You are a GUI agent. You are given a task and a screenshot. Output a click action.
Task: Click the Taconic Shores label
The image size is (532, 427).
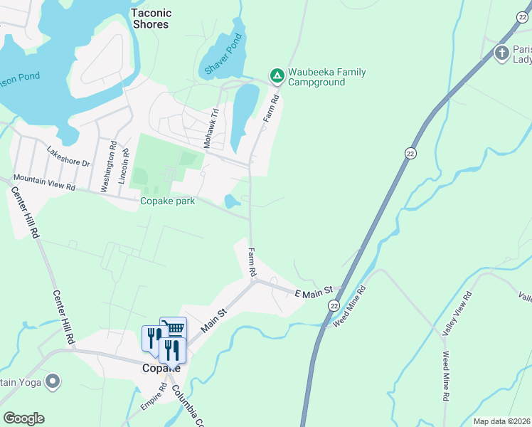tap(151, 19)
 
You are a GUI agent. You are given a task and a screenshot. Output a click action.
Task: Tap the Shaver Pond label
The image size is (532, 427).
tap(224, 55)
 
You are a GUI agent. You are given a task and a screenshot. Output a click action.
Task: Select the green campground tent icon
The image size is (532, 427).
tap(276, 74)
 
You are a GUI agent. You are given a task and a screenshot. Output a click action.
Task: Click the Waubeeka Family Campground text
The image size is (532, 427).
tap(316, 77)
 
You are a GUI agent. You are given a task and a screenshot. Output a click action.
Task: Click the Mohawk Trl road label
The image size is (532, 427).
tap(210, 129)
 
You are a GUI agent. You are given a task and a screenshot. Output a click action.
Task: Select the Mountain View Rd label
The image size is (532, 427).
tap(44, 182)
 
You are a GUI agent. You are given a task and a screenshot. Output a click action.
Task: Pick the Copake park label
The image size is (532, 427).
tap(167, 201)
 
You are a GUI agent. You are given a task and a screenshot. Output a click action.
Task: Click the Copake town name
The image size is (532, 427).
tap(160, 369)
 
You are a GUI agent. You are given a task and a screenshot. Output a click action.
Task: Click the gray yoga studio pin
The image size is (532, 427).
tap(52, 383)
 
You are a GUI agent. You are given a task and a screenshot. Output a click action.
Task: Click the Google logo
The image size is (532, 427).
tap(23, 418)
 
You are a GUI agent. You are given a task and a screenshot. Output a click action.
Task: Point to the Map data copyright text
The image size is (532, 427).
tap(501, 421)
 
